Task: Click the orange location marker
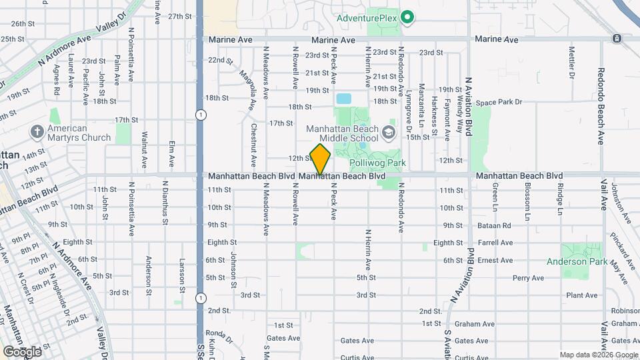coord(321,159)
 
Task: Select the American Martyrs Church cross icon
coord(37,133)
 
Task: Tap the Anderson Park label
coord(577,262)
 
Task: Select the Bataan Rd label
coord(493,226)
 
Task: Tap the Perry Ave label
coord(528,278)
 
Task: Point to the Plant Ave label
coord(581,295)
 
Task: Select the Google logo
coord(22,351)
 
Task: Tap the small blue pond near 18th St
coord(343,99)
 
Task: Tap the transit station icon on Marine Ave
coord(617,39)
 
